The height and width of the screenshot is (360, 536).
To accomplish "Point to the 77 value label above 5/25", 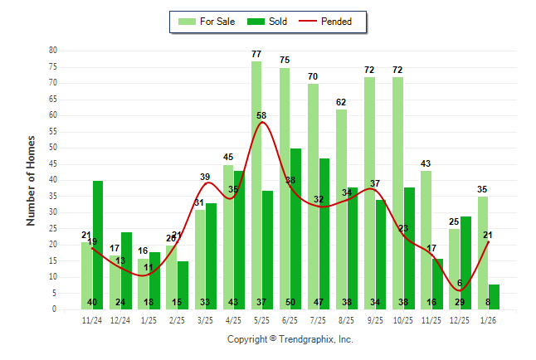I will pos(256,54).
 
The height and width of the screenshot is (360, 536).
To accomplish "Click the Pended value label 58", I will pos(262,115).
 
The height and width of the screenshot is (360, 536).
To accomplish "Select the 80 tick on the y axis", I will pos(53,50).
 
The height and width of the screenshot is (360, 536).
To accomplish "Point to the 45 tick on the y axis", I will pos(53,163).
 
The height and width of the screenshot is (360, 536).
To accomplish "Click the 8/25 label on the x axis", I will pos(346,319).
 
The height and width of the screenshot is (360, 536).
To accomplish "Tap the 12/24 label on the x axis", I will pos(120,319).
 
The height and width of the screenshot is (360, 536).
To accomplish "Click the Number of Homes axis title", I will pos(32,180).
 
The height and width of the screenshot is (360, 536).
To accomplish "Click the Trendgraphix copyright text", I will pos(290,339).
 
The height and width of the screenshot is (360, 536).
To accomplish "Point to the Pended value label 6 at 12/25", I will pos(460,284).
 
